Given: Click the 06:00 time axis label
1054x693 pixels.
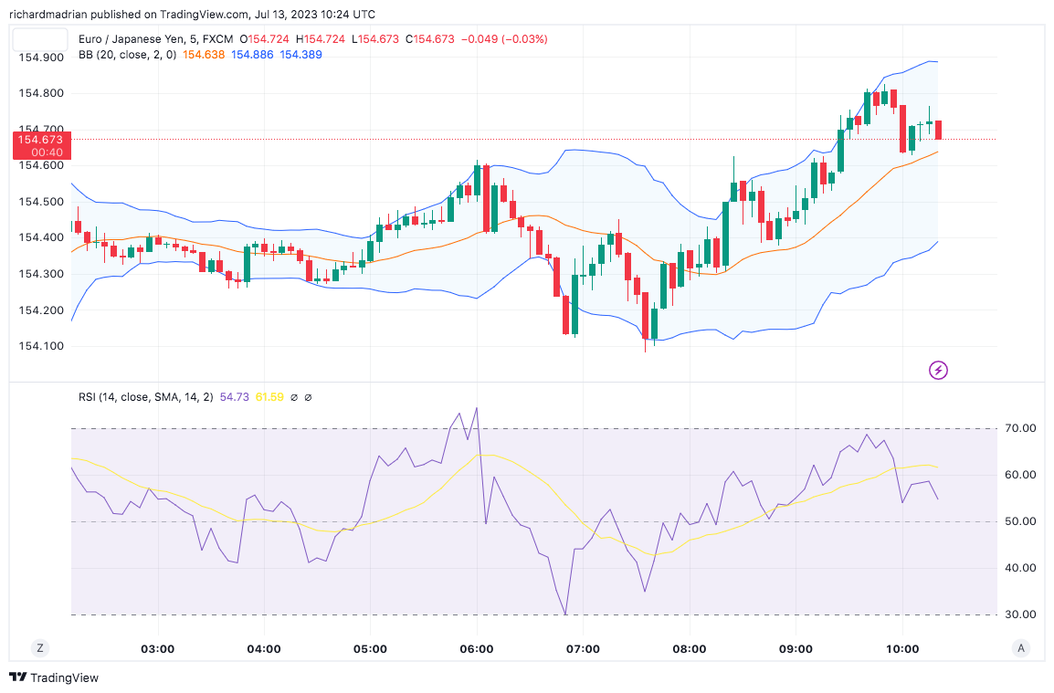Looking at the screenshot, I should [477, 649].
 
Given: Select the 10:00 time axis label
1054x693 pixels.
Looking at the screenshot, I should [902, 649].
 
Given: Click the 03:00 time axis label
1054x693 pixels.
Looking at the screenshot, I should [157, 649].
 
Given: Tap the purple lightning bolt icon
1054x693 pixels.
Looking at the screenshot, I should [938, 370].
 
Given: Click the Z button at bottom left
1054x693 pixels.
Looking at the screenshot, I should [40, 648].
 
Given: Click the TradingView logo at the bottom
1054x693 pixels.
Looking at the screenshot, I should [54, 677].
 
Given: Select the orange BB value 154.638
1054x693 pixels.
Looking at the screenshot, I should [204, 55].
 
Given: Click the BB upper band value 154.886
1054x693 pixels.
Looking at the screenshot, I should [252, 55].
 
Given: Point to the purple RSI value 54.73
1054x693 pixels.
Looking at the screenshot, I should [235, 397].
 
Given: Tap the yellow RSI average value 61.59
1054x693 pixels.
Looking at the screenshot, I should [269, 397].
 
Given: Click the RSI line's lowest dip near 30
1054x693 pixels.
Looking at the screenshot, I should [565, 614].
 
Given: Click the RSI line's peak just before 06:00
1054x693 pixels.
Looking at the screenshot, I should [476, 408].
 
